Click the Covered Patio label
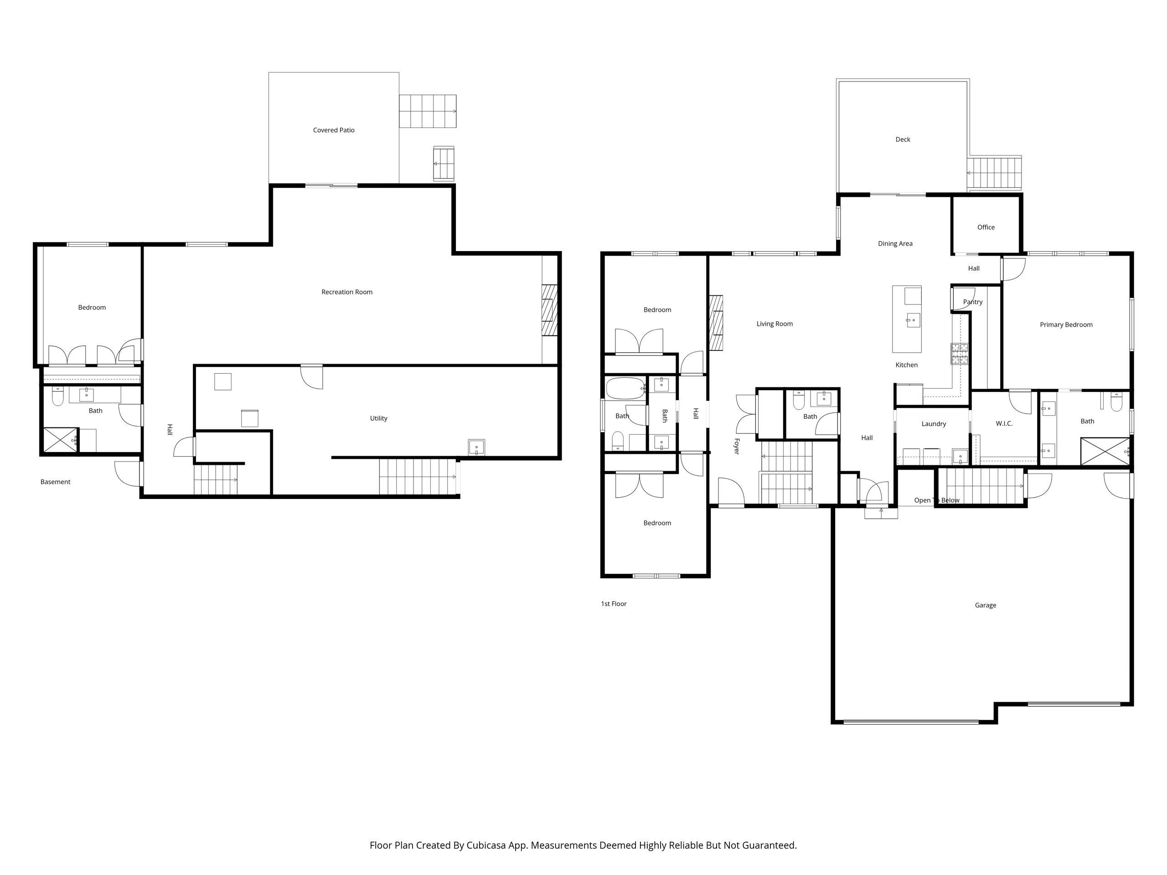[333, 130]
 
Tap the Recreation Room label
[346, 292]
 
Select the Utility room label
[378, 419]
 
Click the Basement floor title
[56, 482]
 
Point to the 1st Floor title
[614, 604]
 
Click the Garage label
[985, 606]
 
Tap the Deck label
[903, 140]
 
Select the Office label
[986, 227]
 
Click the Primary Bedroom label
[1066, 325]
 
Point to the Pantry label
[972, 302]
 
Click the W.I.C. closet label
[1004, 424]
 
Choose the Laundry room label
[933, 424]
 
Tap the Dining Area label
[895, 244]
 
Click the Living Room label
[774, 324]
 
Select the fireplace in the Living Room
[716, 322]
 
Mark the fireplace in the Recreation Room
[549, 310]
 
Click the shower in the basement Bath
[60, 440]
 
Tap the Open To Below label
[936, 500]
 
